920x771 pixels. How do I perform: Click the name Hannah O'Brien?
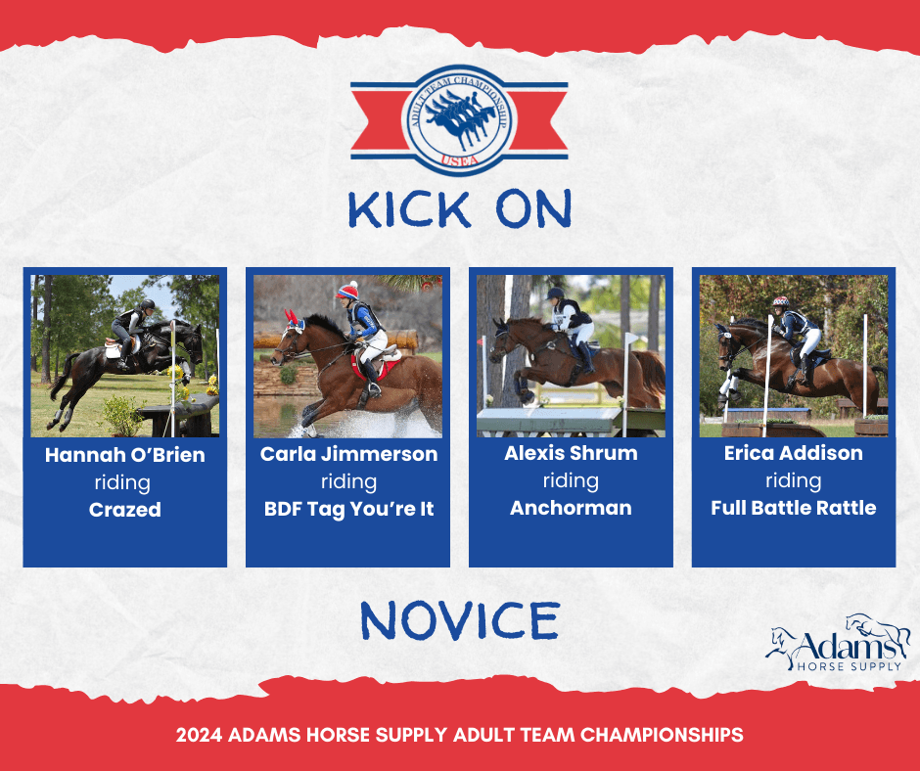(125, 455)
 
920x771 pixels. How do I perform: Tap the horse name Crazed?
(125, 510)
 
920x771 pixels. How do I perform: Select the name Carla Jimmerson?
(348, 454)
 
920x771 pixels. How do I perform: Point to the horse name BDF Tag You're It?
(348, 509)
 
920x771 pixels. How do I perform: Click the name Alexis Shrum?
(571, 453)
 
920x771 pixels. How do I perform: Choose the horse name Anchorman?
(571, 508)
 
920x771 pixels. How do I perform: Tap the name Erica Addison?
(794, 453)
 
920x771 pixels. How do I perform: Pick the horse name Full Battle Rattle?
(794, 508)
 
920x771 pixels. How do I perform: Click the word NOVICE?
(460, 620)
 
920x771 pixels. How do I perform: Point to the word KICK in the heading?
(409, 208)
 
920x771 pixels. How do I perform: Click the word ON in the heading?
(533, 208)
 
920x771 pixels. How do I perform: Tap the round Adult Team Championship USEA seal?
(459, 120)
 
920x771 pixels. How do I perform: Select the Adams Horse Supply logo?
(837, 643)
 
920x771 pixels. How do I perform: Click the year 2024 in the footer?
(199, 735)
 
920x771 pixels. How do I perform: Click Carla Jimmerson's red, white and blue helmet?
(347, 291)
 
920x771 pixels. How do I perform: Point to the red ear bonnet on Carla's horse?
(293, 321)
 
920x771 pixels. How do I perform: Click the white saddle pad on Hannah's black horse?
(114, 349)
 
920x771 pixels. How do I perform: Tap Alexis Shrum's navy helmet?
(555, 294)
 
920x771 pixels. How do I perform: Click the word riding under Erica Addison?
(794, 480)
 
